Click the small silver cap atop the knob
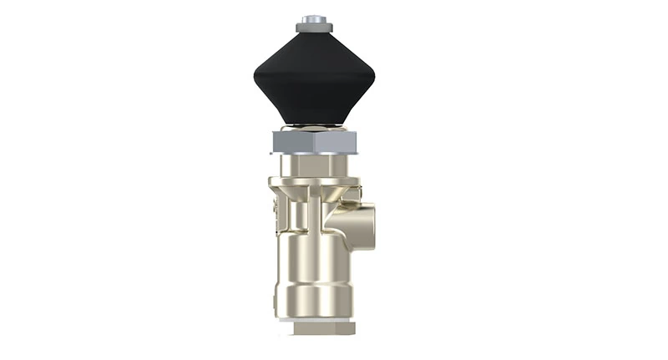click(313, 18)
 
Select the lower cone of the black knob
click(313, 104)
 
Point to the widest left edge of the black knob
click(256, 80)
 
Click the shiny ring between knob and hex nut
click(313, 128)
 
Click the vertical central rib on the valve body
click(314, 213)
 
